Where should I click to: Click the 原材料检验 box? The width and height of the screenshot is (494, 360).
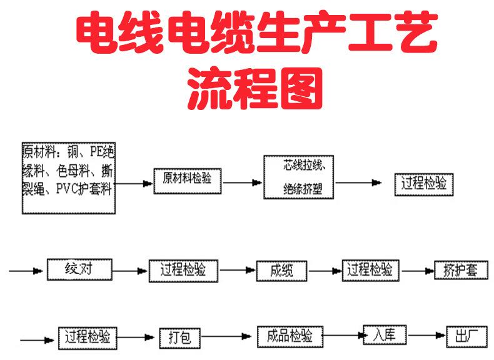tap(187, 179)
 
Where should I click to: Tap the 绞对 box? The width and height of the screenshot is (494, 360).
tap(79, 270)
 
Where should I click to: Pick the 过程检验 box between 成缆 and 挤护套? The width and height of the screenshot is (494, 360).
tap(370, 269)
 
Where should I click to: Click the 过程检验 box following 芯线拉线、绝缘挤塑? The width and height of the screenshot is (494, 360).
tap(424, 183)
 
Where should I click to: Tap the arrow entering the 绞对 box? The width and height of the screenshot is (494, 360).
tap(29, 271)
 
